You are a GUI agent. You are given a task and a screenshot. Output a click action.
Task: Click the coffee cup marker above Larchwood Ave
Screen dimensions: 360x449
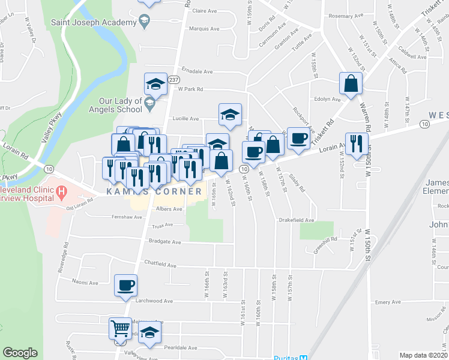coord(126,286)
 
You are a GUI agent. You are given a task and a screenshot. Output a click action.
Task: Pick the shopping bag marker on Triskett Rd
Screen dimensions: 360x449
coord(351,84)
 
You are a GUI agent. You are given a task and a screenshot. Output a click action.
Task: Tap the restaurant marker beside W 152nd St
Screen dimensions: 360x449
coord(357,145)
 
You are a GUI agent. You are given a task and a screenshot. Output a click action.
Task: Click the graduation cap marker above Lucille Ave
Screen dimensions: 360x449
coord(229,115)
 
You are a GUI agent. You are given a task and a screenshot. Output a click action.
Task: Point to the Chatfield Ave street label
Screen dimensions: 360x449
coord(160,264)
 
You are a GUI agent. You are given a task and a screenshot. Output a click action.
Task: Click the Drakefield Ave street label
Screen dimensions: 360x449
coord(297,220)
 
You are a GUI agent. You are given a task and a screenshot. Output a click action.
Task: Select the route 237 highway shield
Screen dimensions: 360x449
coord(174,79)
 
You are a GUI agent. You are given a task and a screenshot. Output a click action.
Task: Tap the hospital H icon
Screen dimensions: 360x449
coord(61,193)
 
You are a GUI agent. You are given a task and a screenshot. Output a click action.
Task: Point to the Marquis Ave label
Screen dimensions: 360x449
coord(203,28)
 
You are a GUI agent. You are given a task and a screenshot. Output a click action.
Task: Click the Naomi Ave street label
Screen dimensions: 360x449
coord(85,282)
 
